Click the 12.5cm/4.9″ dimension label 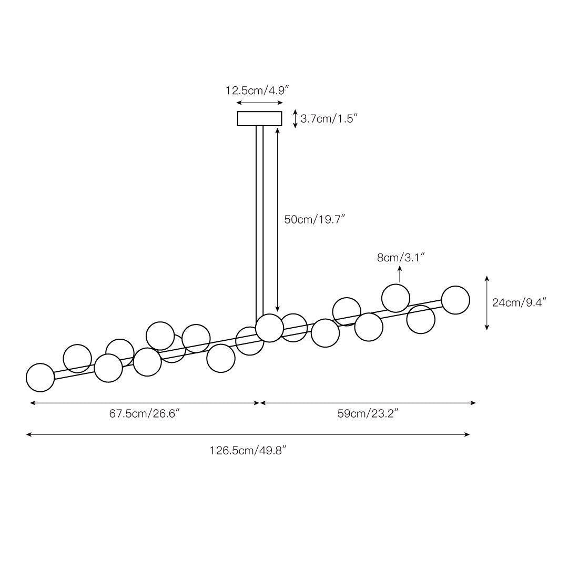tap(257, 90)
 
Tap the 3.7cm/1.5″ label tap(329, 118)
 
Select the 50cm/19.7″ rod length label tap(315, 219)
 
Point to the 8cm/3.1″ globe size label tap(401, 258)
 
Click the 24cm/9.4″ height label tap(519, 302)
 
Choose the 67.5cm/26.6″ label tap(145, 413)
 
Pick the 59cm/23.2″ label tap(368, 413)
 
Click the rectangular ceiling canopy tap(260, 118)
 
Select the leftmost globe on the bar tap(40, 378)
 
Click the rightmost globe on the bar tap(455, 300)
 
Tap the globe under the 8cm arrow tap(395, 298)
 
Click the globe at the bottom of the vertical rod tap(269, 328)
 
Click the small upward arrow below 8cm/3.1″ tap(400, 274)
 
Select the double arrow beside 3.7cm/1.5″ tap(295, 119)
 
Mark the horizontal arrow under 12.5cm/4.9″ tap(259, 103)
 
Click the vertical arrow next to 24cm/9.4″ tap(487, 303)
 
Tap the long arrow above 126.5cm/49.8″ tap(248, 434)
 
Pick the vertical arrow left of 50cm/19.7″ tap(278, 219)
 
